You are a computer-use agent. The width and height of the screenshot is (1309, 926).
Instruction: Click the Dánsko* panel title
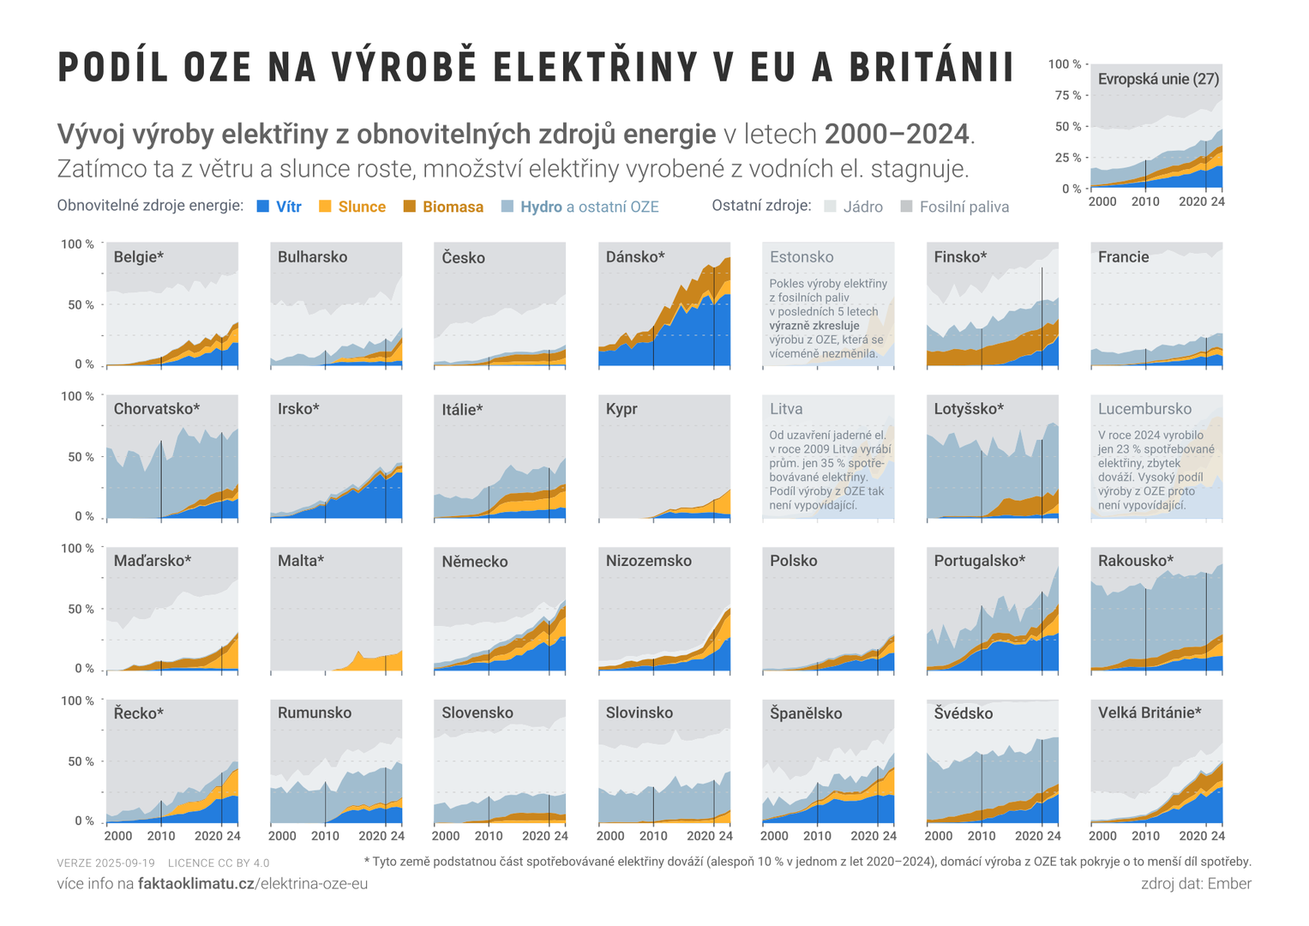pos(635,257)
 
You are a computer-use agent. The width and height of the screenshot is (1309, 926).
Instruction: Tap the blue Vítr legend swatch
pos(263,207)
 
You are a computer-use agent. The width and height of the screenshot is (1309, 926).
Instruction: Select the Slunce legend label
pos(362,207)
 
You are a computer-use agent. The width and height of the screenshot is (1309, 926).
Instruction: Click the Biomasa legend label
pos(453,207)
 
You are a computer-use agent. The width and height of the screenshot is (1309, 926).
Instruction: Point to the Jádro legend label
pos(862,207)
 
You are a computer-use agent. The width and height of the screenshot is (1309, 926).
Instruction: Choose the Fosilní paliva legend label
pos(964,207)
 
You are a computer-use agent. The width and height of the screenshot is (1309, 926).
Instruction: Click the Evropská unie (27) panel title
pos(1158,79)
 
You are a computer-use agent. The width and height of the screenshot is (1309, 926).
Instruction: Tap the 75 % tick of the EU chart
pos(1067,95)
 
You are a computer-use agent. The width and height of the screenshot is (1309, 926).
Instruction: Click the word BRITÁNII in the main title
pos(932,67)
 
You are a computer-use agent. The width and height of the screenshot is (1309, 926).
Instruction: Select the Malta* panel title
pos(301,561)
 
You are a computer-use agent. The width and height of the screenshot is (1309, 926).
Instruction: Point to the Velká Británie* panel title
pos(1150,713)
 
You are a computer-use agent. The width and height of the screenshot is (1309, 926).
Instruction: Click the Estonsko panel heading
pos(802,257)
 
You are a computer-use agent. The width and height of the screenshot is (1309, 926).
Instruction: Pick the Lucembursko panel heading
pos(1144,409)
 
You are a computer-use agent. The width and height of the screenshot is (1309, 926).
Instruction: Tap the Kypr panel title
pos(621,409)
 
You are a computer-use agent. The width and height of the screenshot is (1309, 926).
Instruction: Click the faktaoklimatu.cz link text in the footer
pos(196,883)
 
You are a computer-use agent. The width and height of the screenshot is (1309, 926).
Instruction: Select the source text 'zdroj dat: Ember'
pos(1196,883)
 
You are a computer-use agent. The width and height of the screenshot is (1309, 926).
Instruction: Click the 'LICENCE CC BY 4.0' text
pos(219,863)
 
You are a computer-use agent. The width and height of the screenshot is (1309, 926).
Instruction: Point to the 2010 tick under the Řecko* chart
pos(161,836)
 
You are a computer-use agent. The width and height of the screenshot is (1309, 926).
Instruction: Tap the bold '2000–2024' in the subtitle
pos(897,135)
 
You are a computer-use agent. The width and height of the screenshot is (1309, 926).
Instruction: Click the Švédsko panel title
pos(964,713)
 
